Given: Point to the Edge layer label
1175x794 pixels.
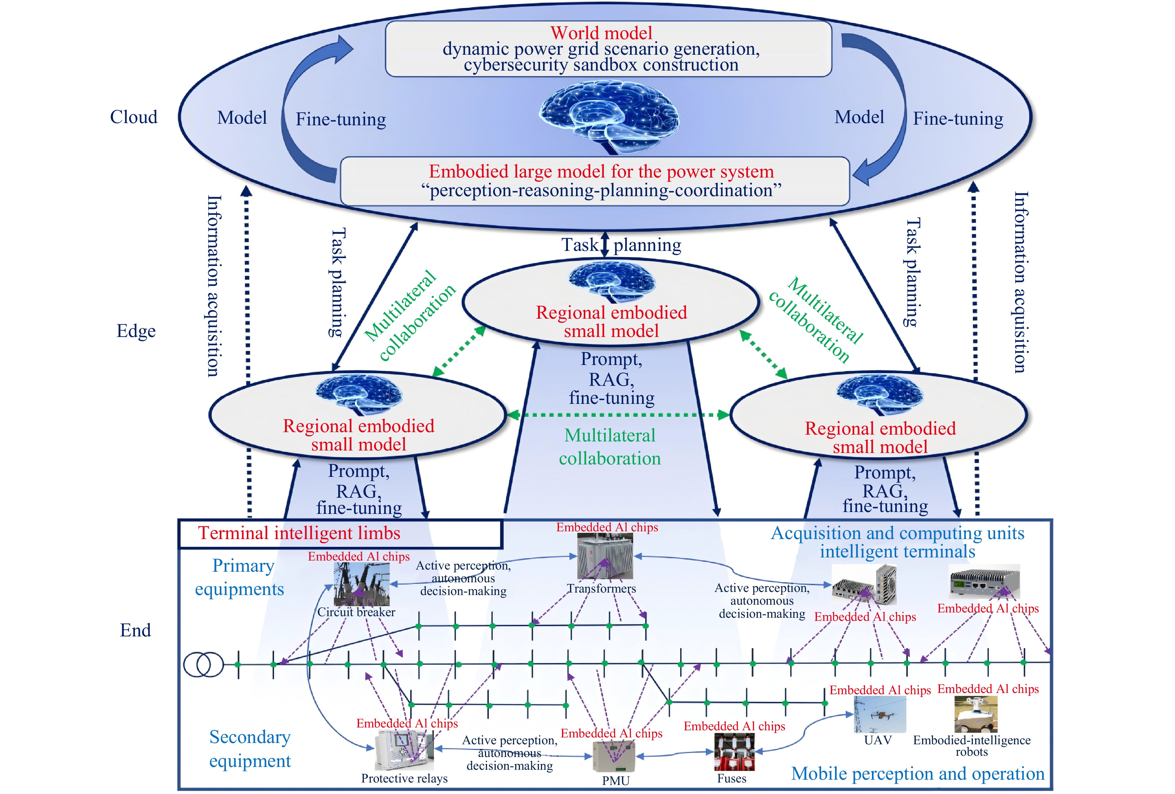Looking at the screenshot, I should tap(136, 331).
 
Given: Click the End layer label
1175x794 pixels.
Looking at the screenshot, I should tap(135, 630).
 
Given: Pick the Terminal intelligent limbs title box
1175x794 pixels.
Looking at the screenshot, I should tap(340, 533).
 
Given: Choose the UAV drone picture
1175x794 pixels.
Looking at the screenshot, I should tap(880, 715).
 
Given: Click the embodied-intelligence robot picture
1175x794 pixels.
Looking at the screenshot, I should tap(976, 714).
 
